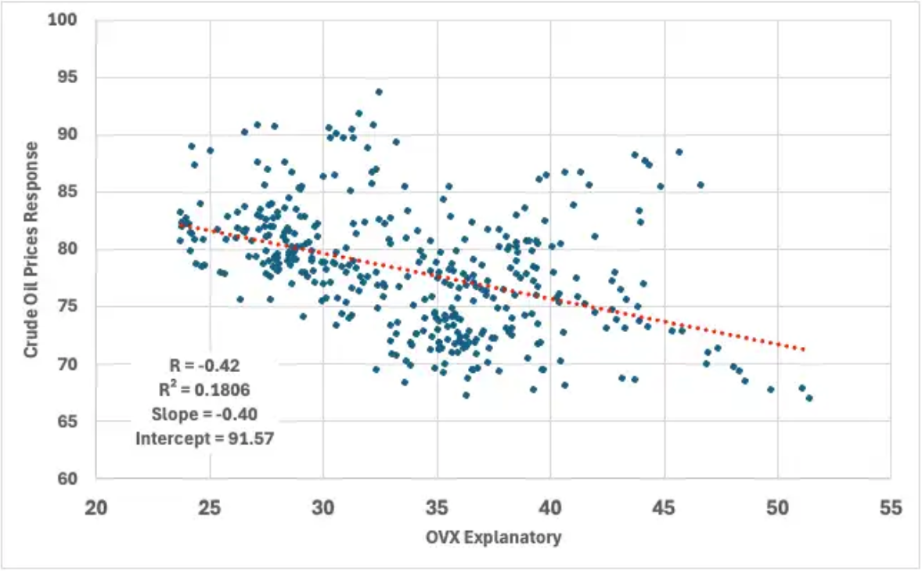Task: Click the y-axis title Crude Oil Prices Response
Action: [x=31, y=250]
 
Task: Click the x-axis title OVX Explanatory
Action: [x=493, y=538]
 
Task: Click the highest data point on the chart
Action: [x=379, y=92]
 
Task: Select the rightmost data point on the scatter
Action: [x=809, y=398]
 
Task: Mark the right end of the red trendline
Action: [x=804, y=349]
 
